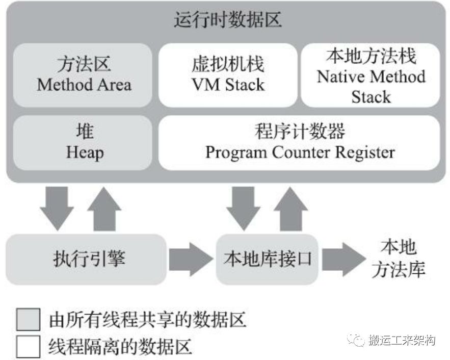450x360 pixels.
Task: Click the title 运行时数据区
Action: click(x=228, y=19)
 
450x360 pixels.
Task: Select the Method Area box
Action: click(x=83, y=75)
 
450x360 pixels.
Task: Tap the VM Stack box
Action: click(x=228, y=75)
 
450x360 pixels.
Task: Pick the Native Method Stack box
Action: click(x=370, y=75)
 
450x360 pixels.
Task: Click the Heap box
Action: click(x=83, y=143)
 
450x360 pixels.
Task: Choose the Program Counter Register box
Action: click(x=299, y=143)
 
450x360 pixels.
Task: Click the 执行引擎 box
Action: click(x=86, y=259)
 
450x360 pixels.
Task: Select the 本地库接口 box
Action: click(x=267, y=259)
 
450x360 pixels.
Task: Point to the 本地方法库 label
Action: click(x=399, y=259)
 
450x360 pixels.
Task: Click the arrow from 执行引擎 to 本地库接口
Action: click(x=191, y=259)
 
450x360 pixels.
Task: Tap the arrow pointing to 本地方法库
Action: click(x=344, y=259)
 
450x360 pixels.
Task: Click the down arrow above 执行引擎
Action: click(x=57, y=209)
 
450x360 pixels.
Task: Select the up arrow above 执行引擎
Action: click(x=104, y=209)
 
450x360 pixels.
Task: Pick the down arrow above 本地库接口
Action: click(x=244, y=209)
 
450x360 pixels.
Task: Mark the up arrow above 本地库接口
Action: click(x=291, y=209)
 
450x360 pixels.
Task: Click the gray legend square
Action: click(x=28, y=320)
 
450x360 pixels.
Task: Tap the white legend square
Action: click(x=28, y=347)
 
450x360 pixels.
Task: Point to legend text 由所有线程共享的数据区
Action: click(x=147, y=320)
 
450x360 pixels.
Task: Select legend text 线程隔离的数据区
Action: click(x=120, y=347)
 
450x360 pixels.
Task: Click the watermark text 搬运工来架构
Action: click(x=402, y=341)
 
